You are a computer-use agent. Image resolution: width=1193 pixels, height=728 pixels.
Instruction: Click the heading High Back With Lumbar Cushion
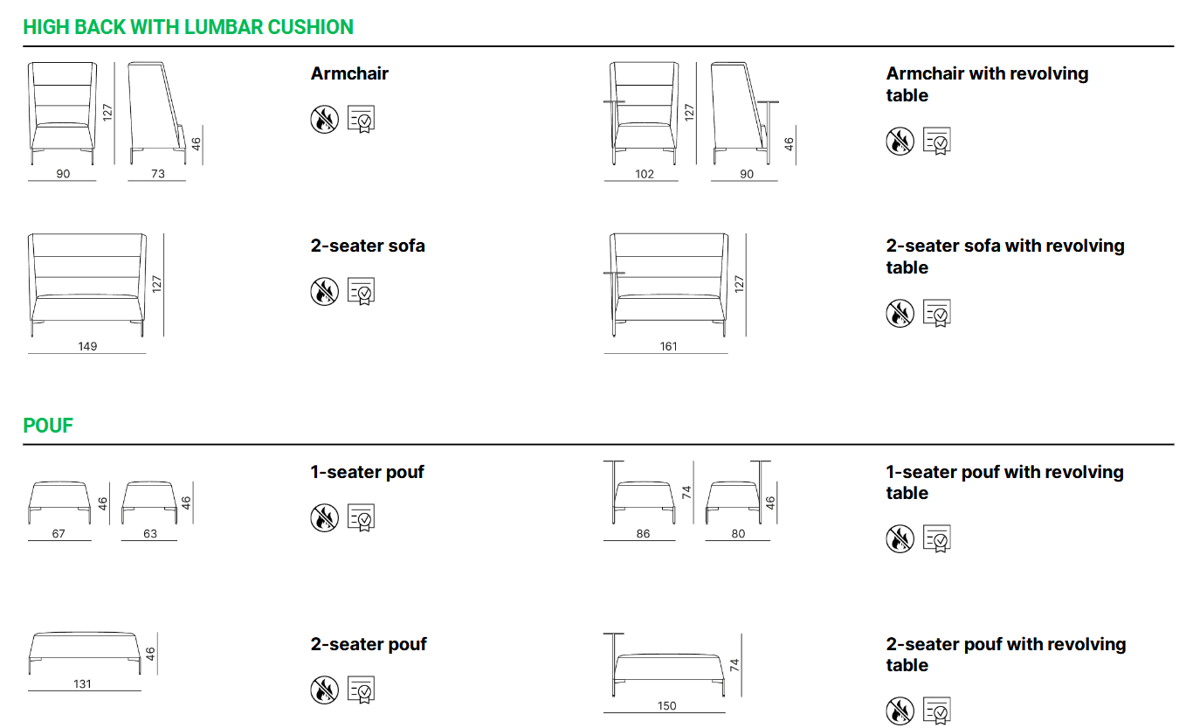(x=188, y=27)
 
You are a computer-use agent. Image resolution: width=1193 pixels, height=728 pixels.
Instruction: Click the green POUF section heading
(x=48, y=426)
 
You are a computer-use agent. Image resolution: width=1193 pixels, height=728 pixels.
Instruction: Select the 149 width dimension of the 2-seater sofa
(x=87, y=346)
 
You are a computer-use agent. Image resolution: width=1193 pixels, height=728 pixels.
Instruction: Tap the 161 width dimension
(x=668, y=346)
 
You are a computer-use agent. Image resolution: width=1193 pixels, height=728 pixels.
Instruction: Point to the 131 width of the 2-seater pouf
(x=82, y=683)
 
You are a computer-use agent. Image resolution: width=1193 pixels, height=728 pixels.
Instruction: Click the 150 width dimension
(x=666, y=705)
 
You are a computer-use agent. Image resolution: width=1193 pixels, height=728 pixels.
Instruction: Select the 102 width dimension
(x=644, y=174)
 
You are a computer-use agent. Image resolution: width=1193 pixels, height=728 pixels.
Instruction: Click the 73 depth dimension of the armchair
(x=158, y=174)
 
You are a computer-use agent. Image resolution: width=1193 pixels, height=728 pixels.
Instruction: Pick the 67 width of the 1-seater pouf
(x=59, y=533)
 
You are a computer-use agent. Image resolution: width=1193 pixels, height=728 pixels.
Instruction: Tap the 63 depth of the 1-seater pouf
(x=150, y=533)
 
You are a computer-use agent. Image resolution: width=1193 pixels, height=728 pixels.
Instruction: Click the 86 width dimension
(x=643, y=533)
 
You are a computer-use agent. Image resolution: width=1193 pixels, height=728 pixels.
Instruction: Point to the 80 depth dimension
(x=738, y=533)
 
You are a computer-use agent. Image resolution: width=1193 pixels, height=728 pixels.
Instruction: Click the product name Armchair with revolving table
(x=987, y=84)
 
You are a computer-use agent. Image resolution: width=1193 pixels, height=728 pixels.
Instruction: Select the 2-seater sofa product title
(x=368, y=246)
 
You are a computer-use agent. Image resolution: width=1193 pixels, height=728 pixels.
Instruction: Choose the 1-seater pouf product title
(x=367, y=472)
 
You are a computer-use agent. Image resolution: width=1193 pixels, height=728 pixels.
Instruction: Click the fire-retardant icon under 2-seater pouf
(x=324, y=690)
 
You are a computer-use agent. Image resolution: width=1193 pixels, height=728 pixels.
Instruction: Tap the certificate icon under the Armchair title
(x=361, y=119)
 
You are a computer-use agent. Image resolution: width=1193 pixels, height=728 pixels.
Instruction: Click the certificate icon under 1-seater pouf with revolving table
(x=937, y=538)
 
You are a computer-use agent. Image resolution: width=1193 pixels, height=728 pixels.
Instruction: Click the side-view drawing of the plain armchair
(x=157, y=113)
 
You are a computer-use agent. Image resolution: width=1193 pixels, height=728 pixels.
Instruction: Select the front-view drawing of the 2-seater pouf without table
(x=85, y=654)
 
